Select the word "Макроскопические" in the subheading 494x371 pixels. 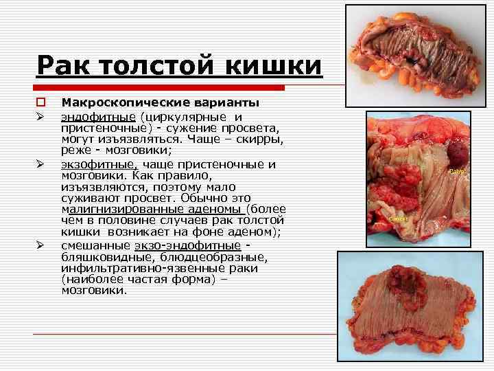coord(121,103)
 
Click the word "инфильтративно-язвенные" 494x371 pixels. coord(139,268)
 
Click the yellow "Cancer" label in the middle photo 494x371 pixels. coord(399,218)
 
